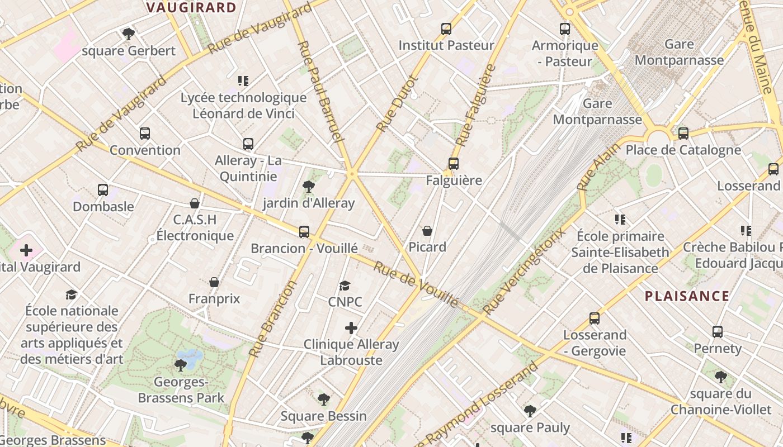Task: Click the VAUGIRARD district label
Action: pyautogui.click(x=191, y=7)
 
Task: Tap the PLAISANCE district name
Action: pyautogui.click(x=687, y=296)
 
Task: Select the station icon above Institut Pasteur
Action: pyautogui.click(x=446, y=28)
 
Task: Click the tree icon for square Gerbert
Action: pyautogui.click(x=129, y=34)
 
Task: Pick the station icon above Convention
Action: pyautogui.click(x=145, y=134)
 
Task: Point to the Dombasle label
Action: pyautogui.click(x=103, y=207)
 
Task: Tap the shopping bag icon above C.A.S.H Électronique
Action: pyautogui.click(x=195, y=203)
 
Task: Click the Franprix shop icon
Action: pyautogui.click(x=214, y=282)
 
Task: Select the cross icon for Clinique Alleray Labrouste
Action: pyautogui.click(x=351, y=328)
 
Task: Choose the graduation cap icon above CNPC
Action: pyautogui.click(x=345, y=286)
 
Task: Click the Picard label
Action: pyautogui.click(x=427, y=247)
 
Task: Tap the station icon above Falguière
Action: pyautogui.click(x=453, y=164)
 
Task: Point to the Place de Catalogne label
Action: pyautogui.click(x=683, y=150)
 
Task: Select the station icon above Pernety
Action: pyautogui.click(x=717, y=332)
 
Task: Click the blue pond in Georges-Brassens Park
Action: pyautogui.click(x=190, y=357)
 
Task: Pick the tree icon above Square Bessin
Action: pyautogui.click(x=323, y=399)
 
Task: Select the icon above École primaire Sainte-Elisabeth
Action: pyautogui.click(x=620, y=219)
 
